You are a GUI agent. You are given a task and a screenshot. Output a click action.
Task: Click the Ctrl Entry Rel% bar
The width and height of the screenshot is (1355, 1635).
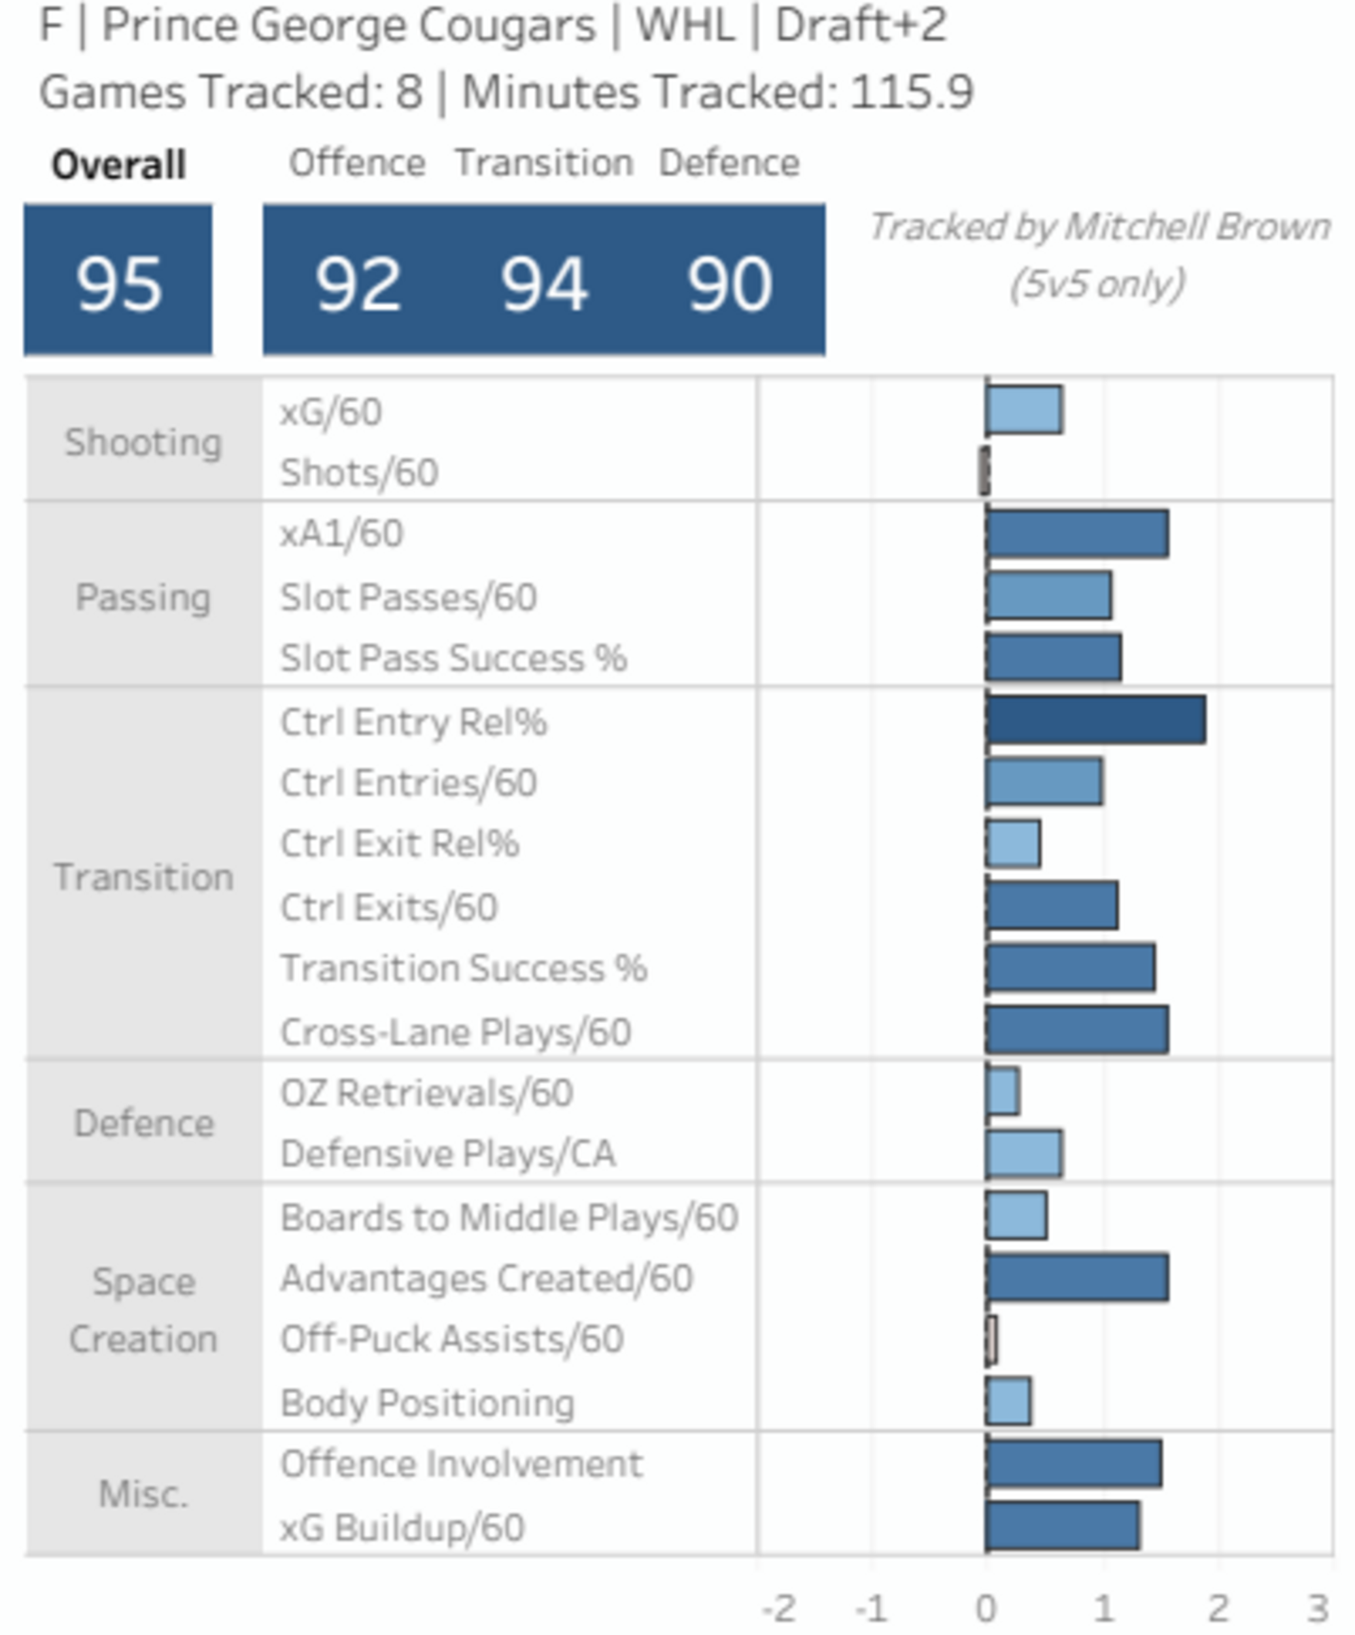1095,720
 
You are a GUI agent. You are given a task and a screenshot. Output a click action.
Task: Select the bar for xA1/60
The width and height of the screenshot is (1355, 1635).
1076,534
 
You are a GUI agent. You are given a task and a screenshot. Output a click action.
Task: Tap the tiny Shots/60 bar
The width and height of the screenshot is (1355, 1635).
984,471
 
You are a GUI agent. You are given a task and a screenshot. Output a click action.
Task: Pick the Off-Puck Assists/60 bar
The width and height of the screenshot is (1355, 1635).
991,1340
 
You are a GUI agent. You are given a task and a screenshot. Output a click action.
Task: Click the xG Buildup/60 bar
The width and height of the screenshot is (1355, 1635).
1062,1526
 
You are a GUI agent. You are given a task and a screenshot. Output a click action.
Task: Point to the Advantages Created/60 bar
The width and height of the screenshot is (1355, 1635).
1076,1278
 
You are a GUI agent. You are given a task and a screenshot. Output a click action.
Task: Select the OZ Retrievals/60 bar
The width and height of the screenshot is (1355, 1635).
1003,1092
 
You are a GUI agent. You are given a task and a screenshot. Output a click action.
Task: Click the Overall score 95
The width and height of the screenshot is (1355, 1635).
118,285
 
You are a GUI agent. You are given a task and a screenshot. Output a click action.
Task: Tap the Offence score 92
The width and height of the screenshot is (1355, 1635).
358,285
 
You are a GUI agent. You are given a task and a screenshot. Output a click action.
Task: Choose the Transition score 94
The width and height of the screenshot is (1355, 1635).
543,285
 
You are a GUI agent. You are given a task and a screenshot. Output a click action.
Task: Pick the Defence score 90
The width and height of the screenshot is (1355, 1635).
729,285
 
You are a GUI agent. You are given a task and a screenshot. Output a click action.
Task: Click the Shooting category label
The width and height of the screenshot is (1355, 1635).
143,442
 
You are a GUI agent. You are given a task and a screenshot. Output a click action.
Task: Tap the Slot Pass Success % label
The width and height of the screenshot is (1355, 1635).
453,658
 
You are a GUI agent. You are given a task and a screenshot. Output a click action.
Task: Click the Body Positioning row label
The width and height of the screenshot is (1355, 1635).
427,1403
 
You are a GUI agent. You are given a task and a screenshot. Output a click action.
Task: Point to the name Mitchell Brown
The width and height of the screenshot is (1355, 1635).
1196,228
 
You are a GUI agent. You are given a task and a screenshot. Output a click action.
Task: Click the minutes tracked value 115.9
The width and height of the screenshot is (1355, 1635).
911,92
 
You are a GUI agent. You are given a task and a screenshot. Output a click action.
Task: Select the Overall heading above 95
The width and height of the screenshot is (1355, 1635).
118,165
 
